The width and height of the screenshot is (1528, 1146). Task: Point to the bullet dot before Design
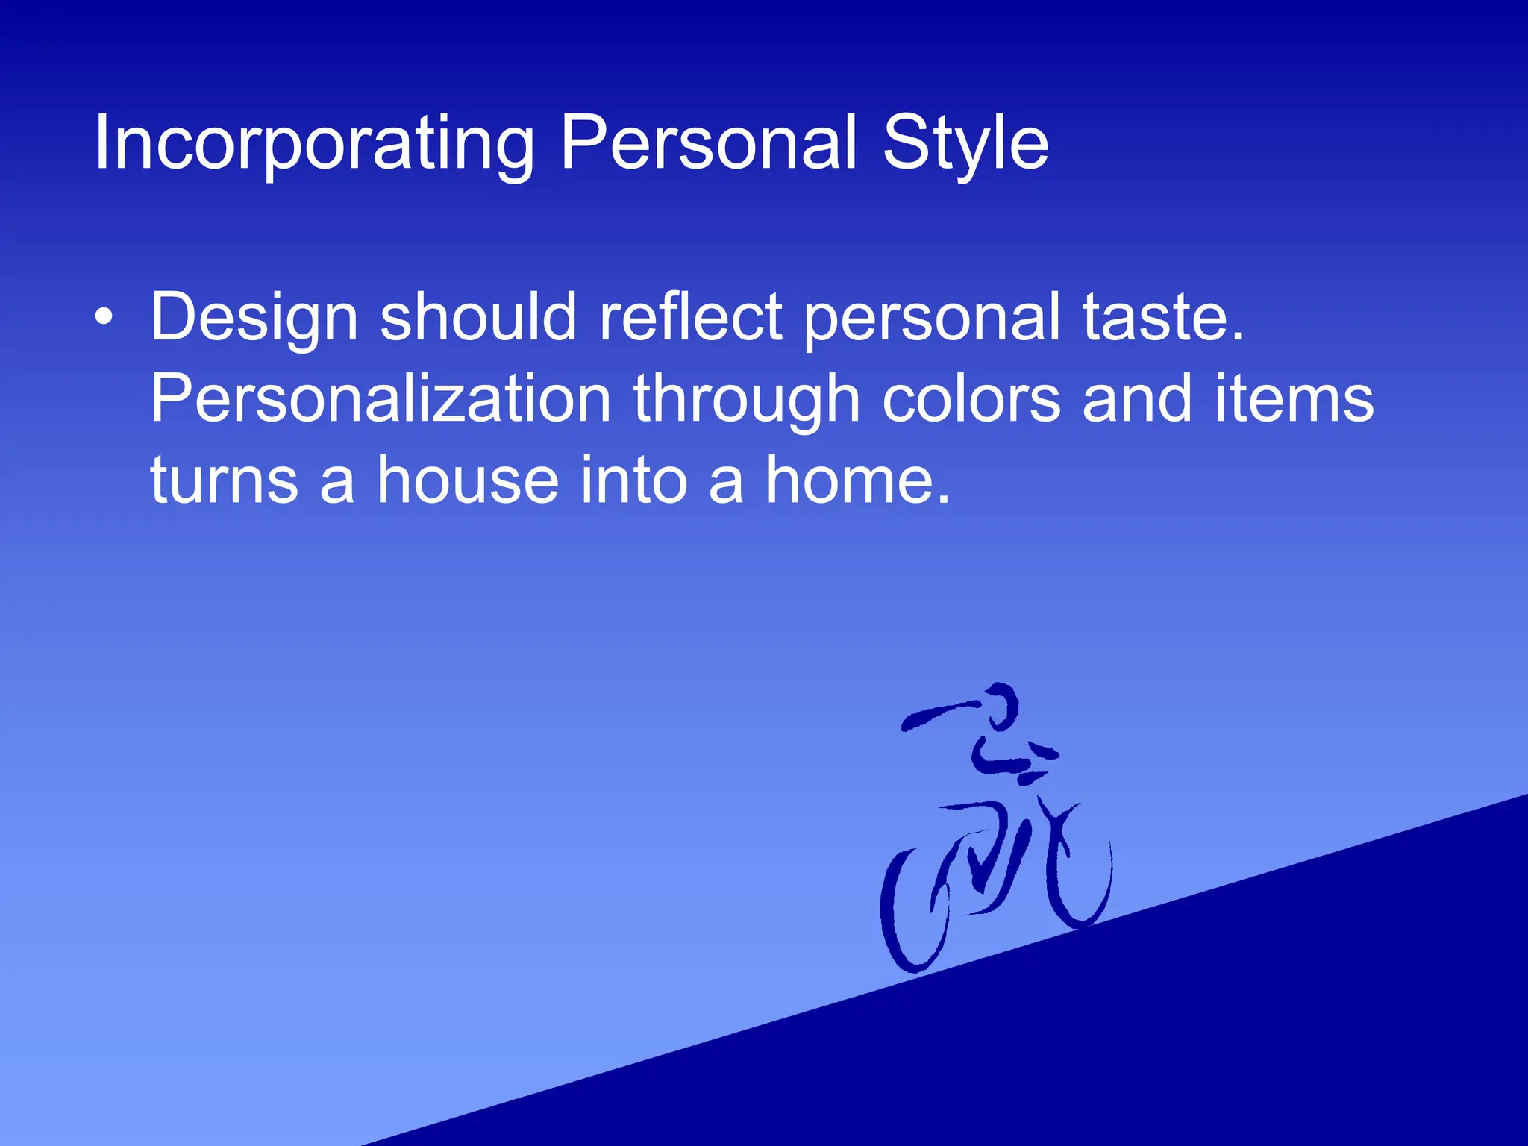tap(104, 318)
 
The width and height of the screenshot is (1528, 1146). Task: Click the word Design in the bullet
tap(254, 318)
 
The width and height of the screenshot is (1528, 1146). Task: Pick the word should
tap(478, 316)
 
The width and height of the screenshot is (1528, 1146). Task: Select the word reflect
tap(690, 316)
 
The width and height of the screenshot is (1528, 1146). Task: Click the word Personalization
tap(381, 399)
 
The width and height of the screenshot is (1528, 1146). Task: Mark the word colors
tap(971, 399)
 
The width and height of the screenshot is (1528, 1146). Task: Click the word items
tap(1294, 399)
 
